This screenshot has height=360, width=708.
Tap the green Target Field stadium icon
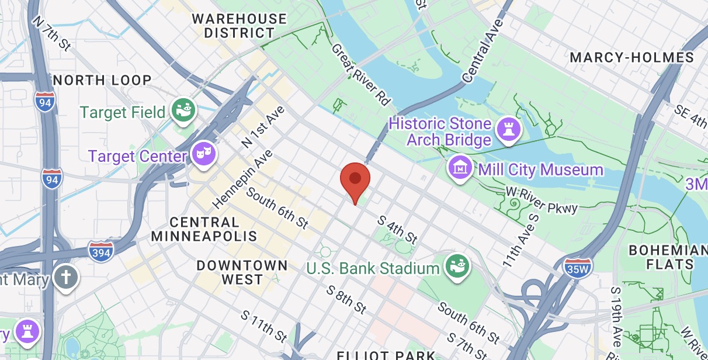click(x=183, y=110)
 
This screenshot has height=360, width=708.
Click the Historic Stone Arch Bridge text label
click(x=440, y=131)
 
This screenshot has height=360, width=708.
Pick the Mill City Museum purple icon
click(x=460, y=168)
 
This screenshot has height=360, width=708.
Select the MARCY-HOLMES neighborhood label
click(x=631, y=57)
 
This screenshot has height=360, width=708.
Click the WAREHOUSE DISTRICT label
click(x=240, y=26)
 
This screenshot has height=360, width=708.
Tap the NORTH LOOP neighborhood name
click(x=102, y=79)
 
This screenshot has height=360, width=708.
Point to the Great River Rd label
click(x=360, y=74)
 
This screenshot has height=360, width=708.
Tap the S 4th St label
click(x=397, y=229)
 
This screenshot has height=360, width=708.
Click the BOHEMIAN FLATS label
click(x=667, y=257)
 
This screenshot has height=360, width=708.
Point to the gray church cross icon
click(x=66, y=276)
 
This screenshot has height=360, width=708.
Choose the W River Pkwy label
click(x=542, y=200)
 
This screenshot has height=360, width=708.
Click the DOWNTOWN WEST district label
click(x=242, y=272)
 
